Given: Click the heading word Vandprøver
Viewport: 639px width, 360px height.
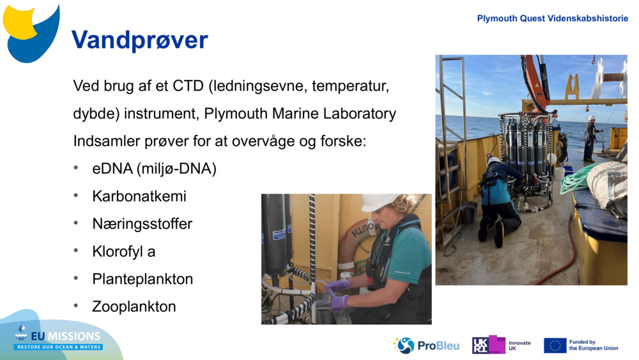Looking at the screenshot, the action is tap(140, 40).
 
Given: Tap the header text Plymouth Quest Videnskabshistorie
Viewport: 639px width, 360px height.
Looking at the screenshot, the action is tap(552, 19).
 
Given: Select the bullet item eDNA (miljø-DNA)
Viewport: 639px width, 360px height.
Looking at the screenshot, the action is tap(154, 168).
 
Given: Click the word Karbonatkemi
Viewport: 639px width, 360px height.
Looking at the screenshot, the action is tap(139, 196).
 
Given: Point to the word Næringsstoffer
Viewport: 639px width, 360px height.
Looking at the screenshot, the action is tap(142, 224).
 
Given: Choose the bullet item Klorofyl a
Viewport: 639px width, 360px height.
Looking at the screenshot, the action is tap(124, 251).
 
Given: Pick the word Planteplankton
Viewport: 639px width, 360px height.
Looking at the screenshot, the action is tap(142, 279).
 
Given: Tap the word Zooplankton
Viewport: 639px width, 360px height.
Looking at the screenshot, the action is tap(134, 306).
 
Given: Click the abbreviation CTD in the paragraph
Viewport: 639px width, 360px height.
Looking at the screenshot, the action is tap(188, 86).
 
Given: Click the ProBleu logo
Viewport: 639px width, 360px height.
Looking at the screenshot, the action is tap(426, 346).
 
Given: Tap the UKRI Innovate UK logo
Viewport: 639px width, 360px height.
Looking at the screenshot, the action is tap(502, 345).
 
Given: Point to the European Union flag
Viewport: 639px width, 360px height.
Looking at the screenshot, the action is tap(555, 345).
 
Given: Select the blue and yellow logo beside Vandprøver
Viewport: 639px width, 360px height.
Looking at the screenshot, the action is tap(31, 33).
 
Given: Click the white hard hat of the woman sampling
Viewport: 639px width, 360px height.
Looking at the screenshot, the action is tap(378, 202).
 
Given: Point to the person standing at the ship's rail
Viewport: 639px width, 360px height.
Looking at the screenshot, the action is tap(590, 139).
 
